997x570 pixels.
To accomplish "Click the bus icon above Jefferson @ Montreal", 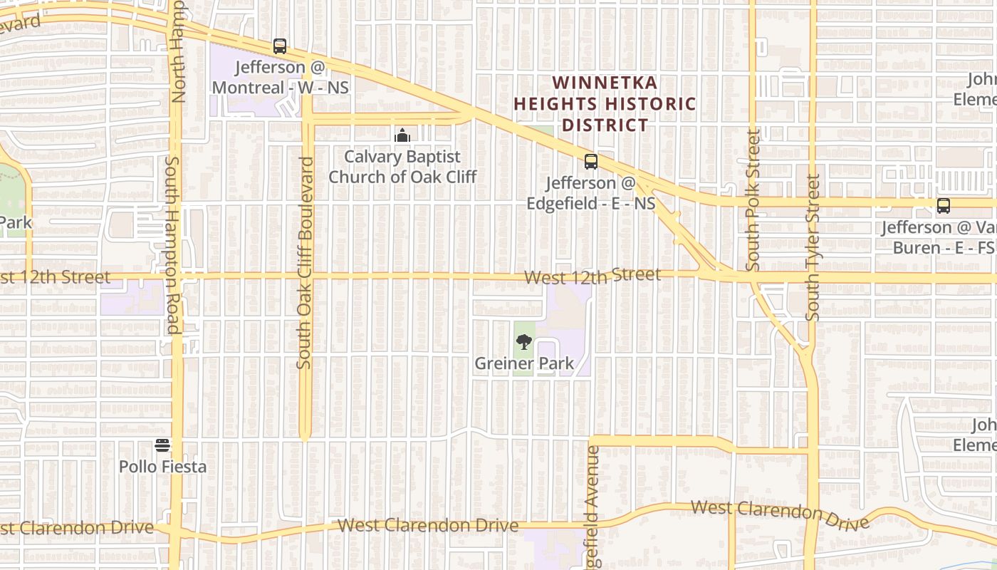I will pos(280,46).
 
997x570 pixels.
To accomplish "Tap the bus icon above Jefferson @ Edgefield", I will pos(591,162).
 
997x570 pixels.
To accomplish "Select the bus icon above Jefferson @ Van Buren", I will pos(944,206).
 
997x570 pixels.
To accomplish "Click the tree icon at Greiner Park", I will pos(524,342).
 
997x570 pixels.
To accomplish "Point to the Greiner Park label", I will pos(524,363).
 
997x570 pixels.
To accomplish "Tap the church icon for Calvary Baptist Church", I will pos(402,135).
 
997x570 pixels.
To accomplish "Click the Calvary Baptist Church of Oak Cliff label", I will pos(402,167).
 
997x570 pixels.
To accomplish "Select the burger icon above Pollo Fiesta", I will pos(162,446).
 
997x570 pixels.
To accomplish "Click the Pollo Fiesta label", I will pos(162,467).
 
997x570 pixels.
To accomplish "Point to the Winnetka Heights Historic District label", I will pos(605,104).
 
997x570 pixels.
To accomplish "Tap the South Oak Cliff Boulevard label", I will pos(305,262).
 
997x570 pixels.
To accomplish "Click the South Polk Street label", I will pos(753,199).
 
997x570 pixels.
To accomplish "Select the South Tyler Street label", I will pos(813,247).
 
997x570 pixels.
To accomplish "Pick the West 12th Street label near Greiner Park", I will pos(592,276).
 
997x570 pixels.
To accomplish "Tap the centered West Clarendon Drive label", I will pos(427,526).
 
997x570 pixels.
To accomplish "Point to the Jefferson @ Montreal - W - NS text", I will pos(281,78).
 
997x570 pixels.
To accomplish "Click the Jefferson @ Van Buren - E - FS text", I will pos(938,237).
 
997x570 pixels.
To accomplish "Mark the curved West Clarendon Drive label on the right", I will pos(780,514).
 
